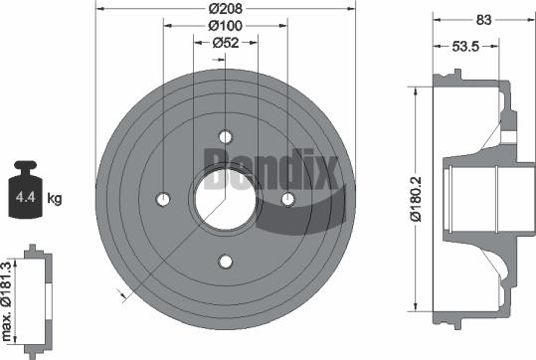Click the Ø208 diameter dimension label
228,8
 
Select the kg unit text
54,199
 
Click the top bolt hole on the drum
226,137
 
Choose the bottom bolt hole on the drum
226,262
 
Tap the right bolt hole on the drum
288,200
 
